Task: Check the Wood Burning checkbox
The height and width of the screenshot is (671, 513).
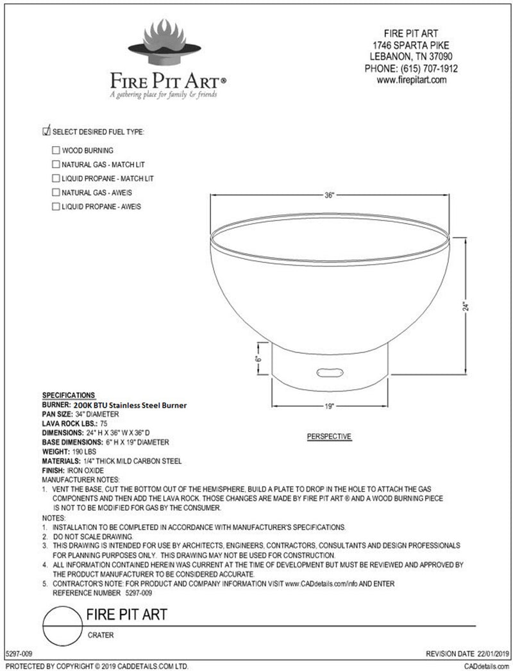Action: click(56, 151)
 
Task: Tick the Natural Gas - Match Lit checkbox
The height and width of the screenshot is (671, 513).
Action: click(56, 165)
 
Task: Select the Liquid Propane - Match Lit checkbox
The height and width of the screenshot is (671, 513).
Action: click(56, 178)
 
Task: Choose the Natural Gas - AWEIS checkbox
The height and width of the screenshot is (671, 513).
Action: click(56, 192)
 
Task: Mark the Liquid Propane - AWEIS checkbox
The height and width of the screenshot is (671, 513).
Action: click(56, 206)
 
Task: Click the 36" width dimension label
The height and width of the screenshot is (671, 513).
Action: click(330, 195)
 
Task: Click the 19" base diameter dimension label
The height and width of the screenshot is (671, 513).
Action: click(330, 406)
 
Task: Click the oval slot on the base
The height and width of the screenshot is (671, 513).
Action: click(330, 372)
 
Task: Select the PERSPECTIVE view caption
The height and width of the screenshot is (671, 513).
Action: click(330, 436)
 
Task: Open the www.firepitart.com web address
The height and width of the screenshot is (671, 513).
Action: click(411, 81)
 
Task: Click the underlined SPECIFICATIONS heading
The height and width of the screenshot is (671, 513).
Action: click(69, 395)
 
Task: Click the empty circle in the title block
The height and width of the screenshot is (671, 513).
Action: click(62, 623)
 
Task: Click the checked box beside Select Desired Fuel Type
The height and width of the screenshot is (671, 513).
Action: click(46, 132)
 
